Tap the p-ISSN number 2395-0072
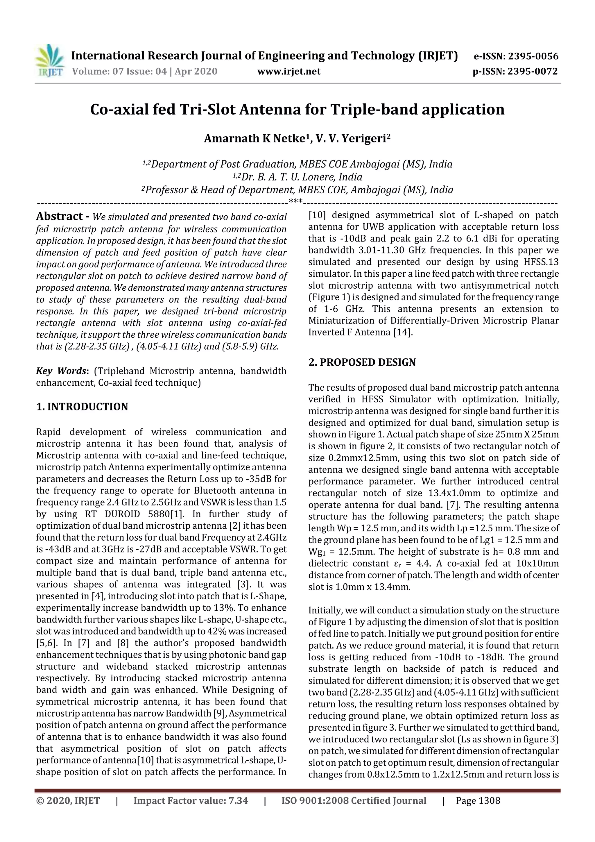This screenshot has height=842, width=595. [532, 71]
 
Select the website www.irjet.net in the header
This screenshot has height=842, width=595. [289, 71]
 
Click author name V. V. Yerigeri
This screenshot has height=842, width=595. [351, 139]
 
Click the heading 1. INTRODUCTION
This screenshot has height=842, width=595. [82, 407]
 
